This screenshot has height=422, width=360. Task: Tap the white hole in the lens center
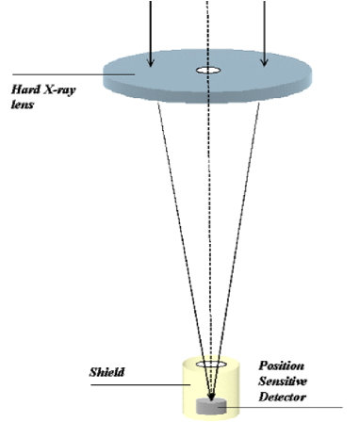point(205,71)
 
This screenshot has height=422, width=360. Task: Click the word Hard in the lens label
point(23,89)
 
